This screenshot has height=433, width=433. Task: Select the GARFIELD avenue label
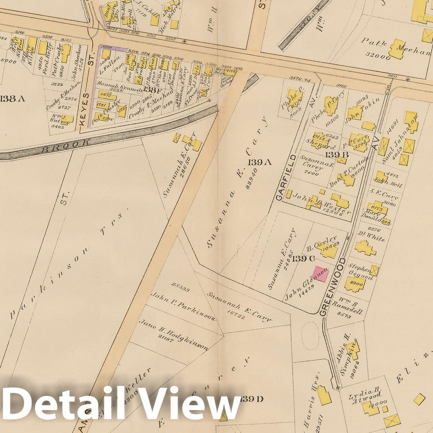point(286,178)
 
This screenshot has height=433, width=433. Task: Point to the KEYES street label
point(85,109)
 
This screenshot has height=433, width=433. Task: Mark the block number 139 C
point(303,259)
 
